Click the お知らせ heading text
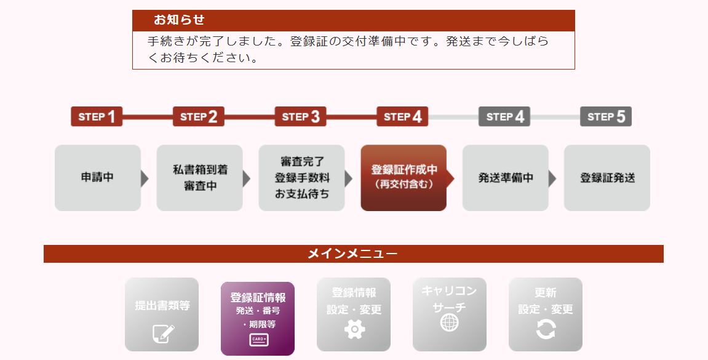click(x=179, y=20)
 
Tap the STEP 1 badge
click(x=97, y=116)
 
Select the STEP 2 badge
click(x=199, y=116)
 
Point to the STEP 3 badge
click(x=301, y=116)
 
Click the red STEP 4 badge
click(x=402, y=116)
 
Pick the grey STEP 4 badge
click(x=504, y=116)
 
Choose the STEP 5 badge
click(x=606, y=116)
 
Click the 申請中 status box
click(x=98, y=178)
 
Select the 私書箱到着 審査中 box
click(x=199, y=178)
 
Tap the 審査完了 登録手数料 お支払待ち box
click(x=301, y=178)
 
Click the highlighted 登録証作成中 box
click(x=404, y=178)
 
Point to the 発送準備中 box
click(x=505, y=178)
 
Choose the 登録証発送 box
click(x=607, y=178)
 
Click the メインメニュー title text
click(x=352, y=254)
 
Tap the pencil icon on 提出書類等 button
click(x=163, y=334)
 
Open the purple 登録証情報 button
click(x=258, y=319)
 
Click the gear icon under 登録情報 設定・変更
click(x=354, y=329)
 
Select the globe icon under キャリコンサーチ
click(x=449, y=322)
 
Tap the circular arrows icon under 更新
click(x=546, y=329)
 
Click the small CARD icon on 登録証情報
click(x=259, y=340)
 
